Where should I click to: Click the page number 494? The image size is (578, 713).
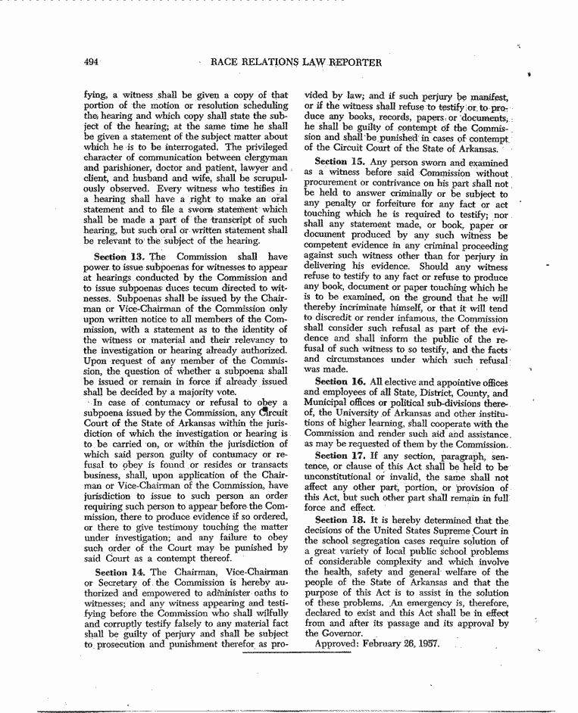pos(93,61)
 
